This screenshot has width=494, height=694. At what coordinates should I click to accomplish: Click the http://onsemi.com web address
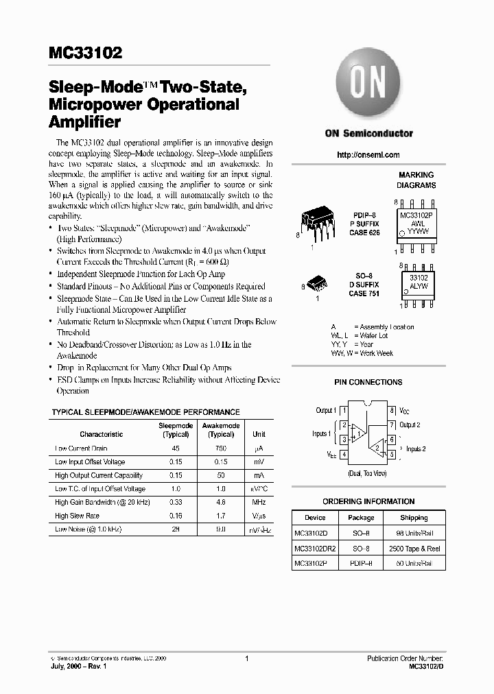[368, 155]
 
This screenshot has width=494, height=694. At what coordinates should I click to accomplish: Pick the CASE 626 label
[364, 233]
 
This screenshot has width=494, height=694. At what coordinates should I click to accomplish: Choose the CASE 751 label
[364, 294]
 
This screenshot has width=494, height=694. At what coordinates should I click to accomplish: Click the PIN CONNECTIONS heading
[368, 382]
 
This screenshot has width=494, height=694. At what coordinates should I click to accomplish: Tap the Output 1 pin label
[325, 410]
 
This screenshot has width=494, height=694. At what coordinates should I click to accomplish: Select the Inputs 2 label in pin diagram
[416, 448]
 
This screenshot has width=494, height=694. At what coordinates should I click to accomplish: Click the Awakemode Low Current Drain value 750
[221, 448]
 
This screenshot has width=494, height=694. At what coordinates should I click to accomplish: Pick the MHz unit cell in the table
[259, 502]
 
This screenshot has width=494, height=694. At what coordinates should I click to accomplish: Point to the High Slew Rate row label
[78, 516]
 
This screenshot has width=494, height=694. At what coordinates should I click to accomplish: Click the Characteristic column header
[101, 434]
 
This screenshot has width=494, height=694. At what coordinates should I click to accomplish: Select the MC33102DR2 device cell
[314, 549]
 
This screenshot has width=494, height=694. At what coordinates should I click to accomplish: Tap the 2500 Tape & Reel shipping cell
[414, 549]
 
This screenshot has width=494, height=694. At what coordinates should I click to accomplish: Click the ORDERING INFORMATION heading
[368, 501]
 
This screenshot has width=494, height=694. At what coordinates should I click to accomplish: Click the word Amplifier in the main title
[85, 123]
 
